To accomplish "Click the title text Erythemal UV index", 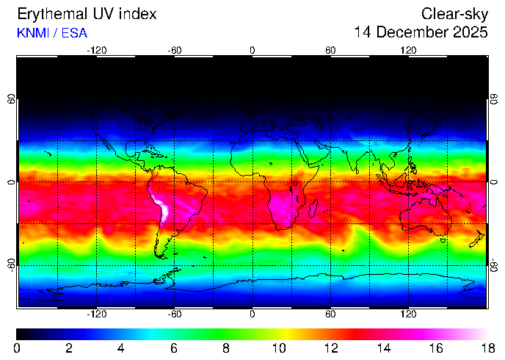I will [87, 14].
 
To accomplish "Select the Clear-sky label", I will [454, 14].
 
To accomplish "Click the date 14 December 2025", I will [421, 32].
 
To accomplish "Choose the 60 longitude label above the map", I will [330, 50].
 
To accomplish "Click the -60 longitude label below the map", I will [175, 314].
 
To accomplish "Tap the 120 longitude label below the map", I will [408, 314].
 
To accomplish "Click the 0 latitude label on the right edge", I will [494, 182].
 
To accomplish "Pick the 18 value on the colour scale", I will [487, 348].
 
